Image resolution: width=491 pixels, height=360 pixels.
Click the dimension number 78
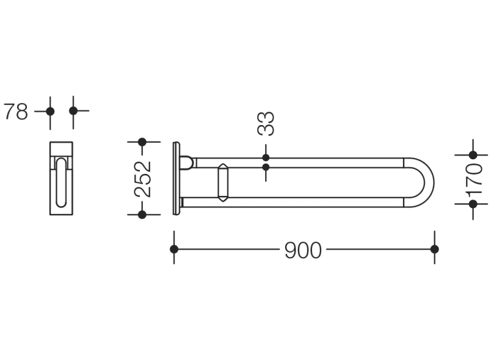tap(16, 112)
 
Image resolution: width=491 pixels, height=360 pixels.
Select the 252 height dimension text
tap(142, 179)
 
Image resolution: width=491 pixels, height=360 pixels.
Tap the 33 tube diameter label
tap(266, 123)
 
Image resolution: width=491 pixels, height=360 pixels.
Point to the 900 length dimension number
tap(303, 250)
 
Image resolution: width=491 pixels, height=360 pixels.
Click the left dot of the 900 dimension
tap(174, 250)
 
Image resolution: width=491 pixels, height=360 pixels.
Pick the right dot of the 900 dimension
tap(434, 250)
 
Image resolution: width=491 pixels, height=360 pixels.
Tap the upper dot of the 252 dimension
tap(142, 142)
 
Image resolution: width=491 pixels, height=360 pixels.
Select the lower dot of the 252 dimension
tap(142, 215)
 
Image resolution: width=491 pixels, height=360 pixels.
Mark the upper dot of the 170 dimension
tap(473, 155)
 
